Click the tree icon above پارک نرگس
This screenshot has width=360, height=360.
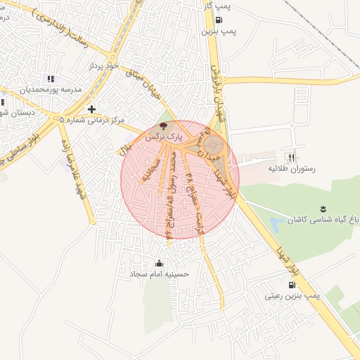(164, 127)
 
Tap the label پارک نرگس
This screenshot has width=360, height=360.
(164, 138)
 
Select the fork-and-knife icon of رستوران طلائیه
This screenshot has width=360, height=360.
(292, 158)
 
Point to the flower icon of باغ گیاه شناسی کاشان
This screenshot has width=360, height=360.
(323, 209)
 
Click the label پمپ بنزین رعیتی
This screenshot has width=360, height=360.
(292, 296)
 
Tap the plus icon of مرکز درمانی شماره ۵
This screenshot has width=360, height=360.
(92, 109)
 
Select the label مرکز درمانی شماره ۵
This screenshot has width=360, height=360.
(92, 120)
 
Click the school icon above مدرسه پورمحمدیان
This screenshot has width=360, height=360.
(49, 79)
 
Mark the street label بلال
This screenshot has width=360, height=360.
(127, 148)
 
